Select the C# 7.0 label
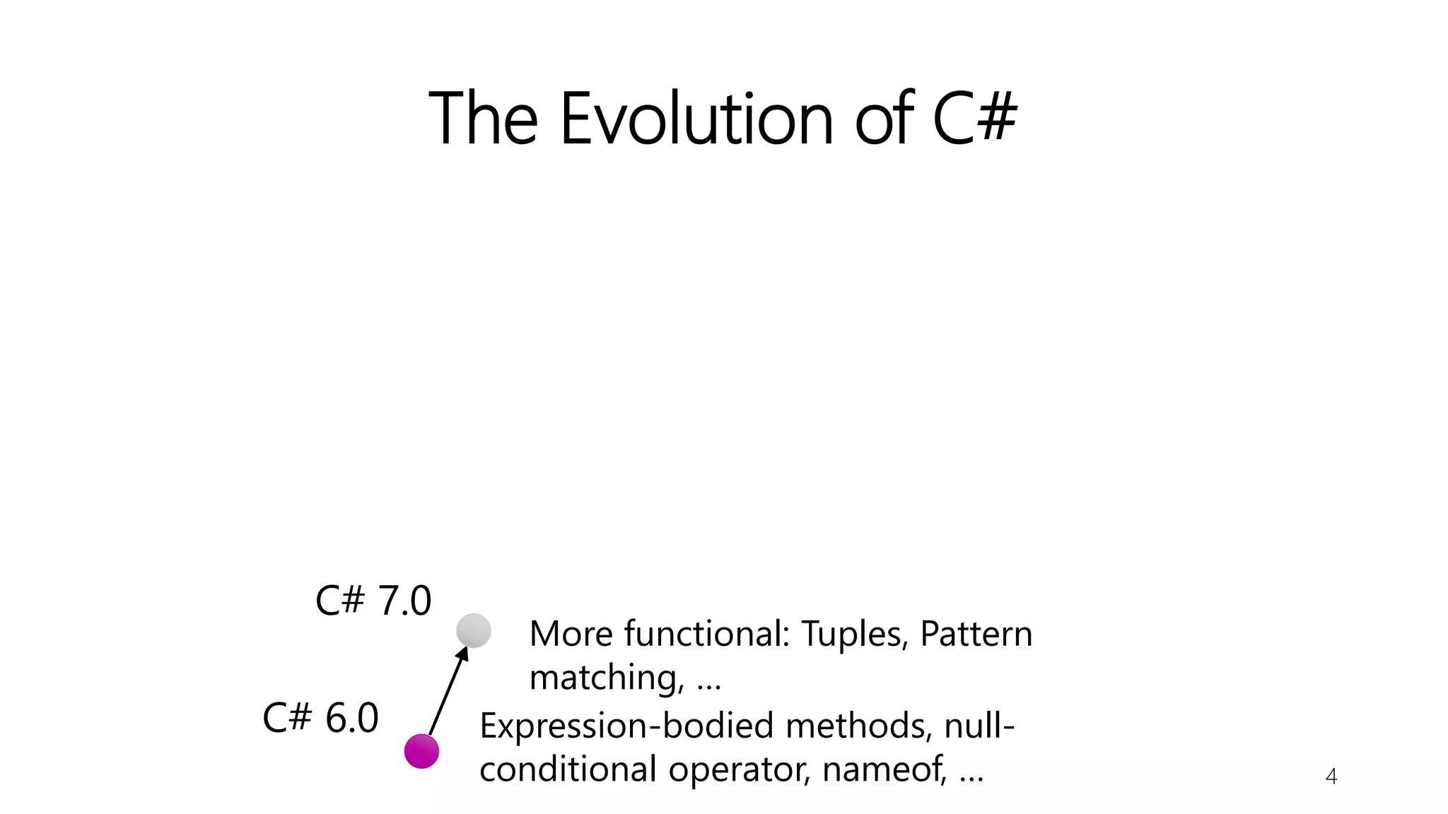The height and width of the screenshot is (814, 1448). pyautogui.click(x=373, y=601)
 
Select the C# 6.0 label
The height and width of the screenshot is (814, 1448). pyautogui.click(x=320, y=718)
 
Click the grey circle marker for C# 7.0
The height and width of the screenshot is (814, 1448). pyautogui.click(x=474, y=630)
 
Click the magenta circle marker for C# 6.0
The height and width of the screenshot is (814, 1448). pyautogui.click(x=421, y=750)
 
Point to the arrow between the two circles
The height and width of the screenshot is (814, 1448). pyautogui.click(x=448, y=691)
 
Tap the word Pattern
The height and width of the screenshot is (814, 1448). pyautogui.click(x=976, y=634)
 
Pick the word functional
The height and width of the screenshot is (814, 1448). pyautogui.click(x=706, y=634)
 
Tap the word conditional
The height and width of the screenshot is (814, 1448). pyautogui.click(x=568, y=769)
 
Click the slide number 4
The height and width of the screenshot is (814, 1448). pyautogui.click(x=1331, y=777)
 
